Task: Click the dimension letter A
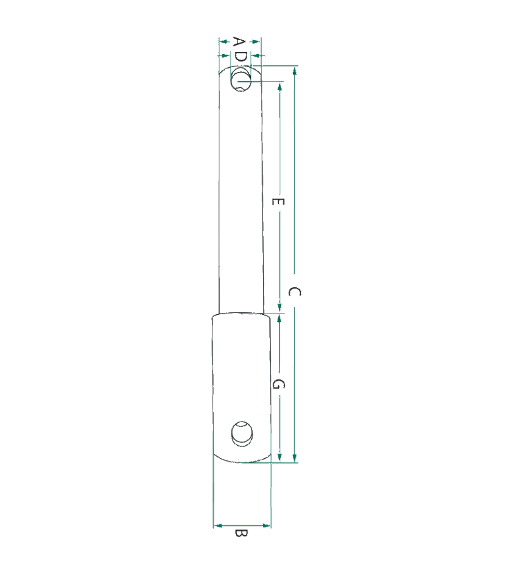coord(239,42)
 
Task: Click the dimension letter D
coord(241,56)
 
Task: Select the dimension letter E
coord(278,201)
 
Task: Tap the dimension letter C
coord(294,292)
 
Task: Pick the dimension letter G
coord(278,384)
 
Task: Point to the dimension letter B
coord(241,534)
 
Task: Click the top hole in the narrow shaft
coord(241,80)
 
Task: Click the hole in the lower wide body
coord(242,433)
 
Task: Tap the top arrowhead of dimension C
coord(294,71)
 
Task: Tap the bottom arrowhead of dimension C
coord(294,457)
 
